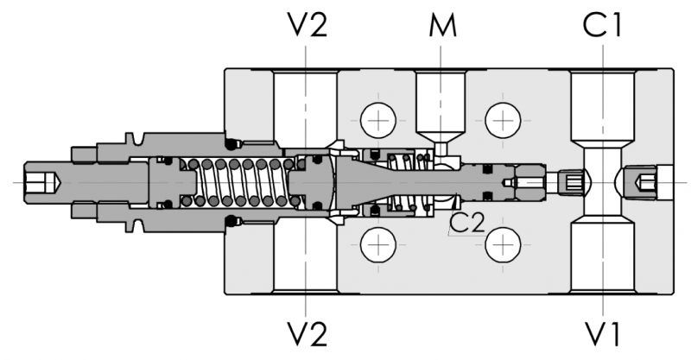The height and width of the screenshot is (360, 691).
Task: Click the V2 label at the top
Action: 307,26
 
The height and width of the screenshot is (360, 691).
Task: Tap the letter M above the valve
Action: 442,26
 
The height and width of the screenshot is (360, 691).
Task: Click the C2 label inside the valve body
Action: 466,224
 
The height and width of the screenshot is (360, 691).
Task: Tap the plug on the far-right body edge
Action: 650,182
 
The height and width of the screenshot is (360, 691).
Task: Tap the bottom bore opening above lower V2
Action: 306,259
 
